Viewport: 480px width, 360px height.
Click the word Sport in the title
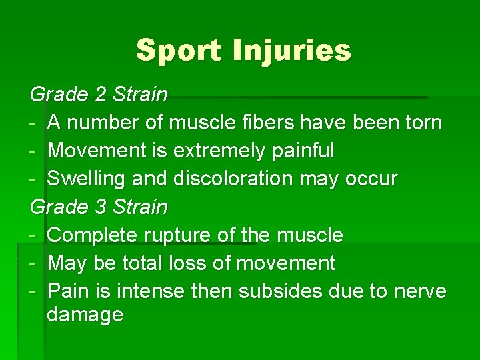point(177,51)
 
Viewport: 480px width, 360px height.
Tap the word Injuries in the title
point(291,51)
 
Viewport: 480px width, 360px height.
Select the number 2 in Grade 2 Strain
point(101,95)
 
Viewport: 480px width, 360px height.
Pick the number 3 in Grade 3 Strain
point(101,207)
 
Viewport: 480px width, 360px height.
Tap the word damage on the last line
point(85,314)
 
